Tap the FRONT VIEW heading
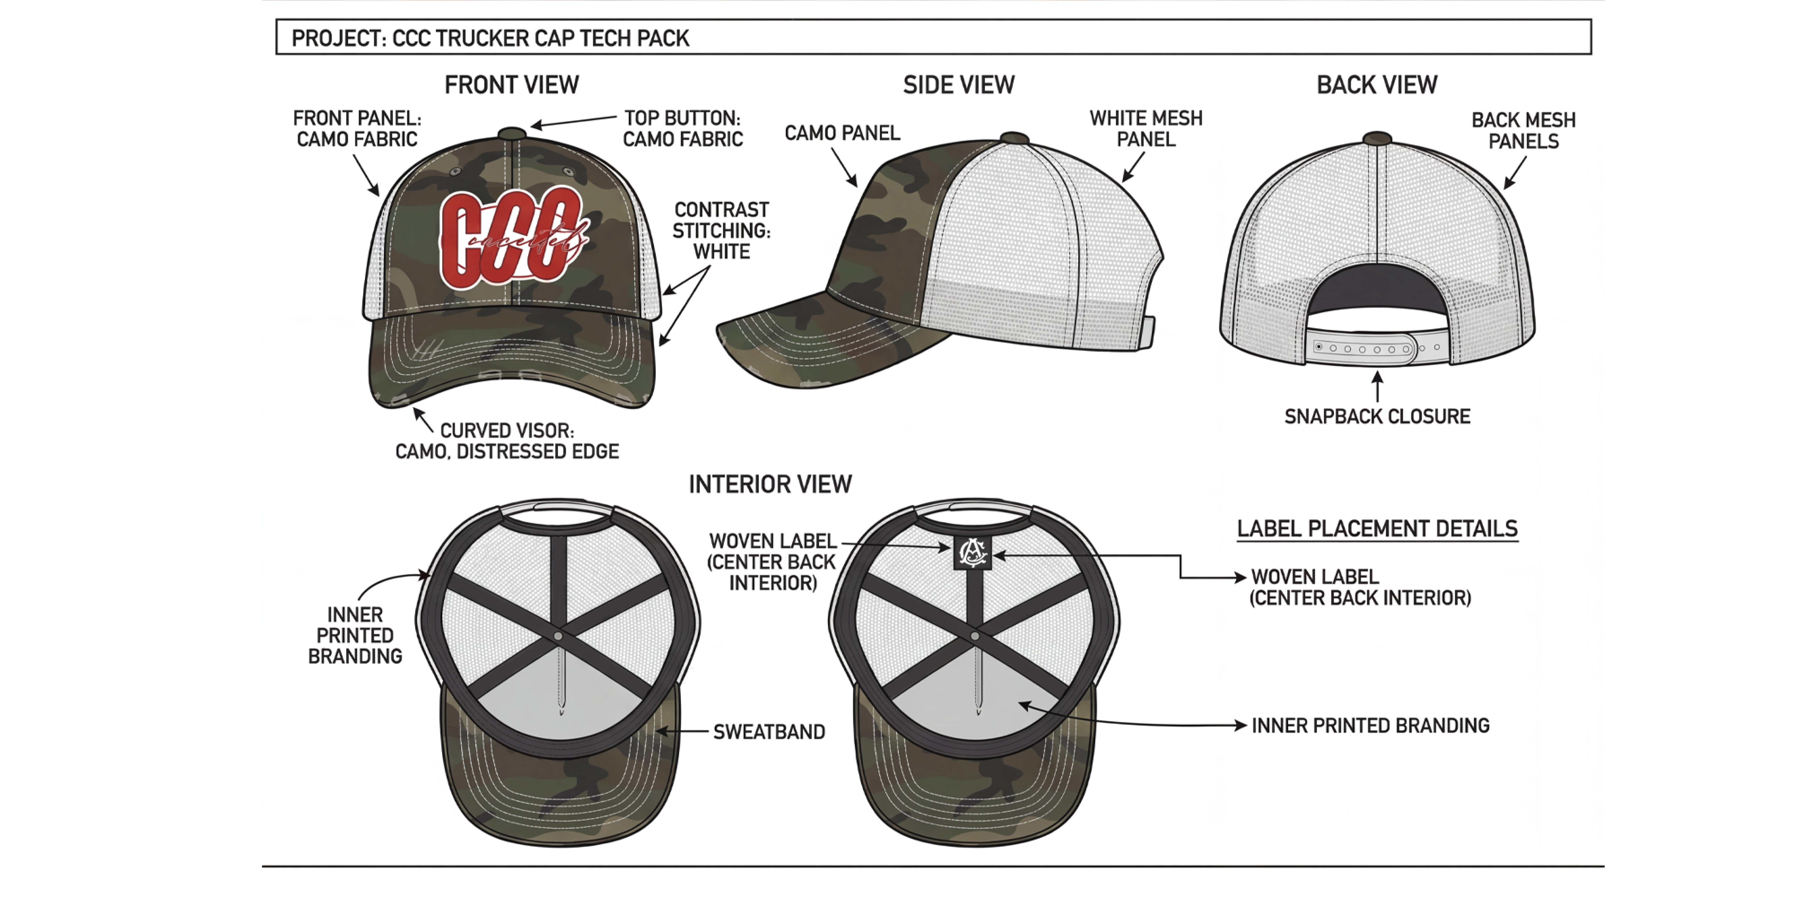[512, 85]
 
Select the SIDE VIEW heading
[959, 85]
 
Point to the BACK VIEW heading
[1377, 85]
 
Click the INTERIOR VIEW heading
[770, 484]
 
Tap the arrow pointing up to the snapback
[1377, 387]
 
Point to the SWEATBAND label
[769, 732]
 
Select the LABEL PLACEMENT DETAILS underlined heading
[1377, 529]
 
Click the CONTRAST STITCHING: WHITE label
[721, 231]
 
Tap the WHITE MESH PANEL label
[1146, 129]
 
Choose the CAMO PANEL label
[842, 133]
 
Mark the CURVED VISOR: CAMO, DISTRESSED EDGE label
[507, 441]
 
